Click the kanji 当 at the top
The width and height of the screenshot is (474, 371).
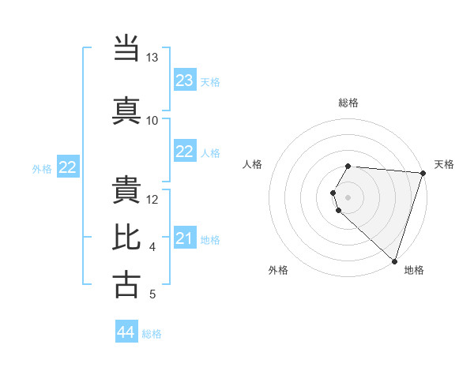tap(127, 49)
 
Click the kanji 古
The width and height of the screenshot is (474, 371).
tap(127, 284)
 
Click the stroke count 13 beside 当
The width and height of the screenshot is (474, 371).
tap(152, 58)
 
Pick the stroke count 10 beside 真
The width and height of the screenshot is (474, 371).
tap(152, 120)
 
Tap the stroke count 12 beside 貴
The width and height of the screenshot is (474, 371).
tap(152, 199)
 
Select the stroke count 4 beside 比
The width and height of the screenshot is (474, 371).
tap(152, 247)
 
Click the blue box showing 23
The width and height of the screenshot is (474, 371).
tap(185, 81)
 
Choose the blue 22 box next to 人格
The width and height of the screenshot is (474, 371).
tap(185, 152)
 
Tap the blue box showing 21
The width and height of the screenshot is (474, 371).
tap(185, 238)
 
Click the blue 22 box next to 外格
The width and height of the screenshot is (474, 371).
tap(68, 167)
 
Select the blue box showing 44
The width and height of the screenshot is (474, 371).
tap(126, 333)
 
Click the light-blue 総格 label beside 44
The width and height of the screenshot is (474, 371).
tap(152, 334)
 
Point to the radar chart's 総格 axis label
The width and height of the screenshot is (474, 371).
tap(348, 103)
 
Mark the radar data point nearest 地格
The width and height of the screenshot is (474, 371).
tap(394, 261)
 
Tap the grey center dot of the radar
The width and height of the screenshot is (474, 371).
tap(348, 197)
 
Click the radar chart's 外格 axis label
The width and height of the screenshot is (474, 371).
tap(278, 270)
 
